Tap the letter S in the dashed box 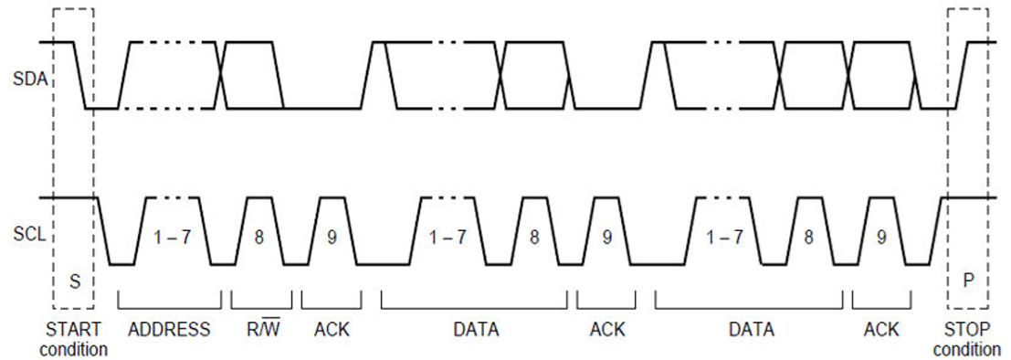coord(75,281)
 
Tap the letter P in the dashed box coord(967,281)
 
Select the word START coord(73,330)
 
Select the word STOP coord(967,330)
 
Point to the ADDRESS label coord(169,330)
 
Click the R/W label coord(260,329)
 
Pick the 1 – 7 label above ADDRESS coord(172,238)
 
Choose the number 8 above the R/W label coord(259,238)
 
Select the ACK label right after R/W coord(332,330)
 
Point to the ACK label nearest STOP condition coord(881,330)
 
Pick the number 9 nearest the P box coord(881,238)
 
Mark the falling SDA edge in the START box coord(79,76)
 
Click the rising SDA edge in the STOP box coord(957,76)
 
